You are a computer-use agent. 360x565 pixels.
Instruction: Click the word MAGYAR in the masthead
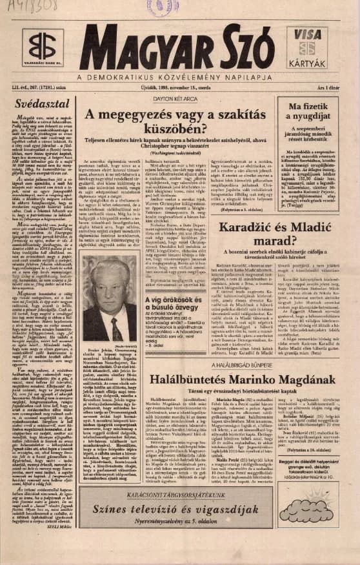135,48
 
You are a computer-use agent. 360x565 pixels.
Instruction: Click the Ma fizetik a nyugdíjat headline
312,111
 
